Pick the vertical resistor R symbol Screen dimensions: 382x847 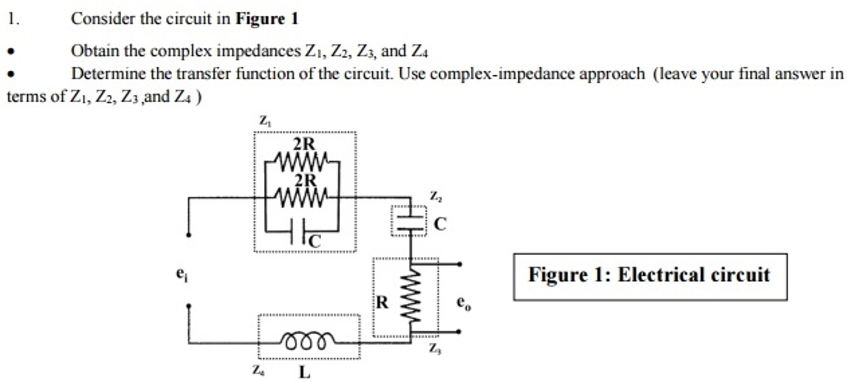411,297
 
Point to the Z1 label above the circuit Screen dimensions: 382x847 265,121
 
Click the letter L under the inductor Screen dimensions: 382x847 304,372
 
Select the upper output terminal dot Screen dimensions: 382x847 459,264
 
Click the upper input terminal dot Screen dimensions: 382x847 189,235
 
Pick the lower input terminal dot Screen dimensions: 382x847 189,306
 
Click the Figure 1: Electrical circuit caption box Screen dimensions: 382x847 650,276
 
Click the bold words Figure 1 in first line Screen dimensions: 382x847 267,19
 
